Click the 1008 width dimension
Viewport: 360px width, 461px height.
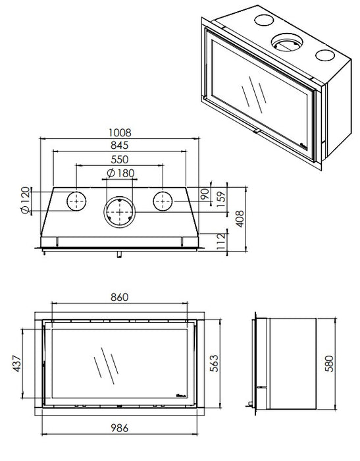(120, 133)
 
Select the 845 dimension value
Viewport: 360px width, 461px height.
(120, 146)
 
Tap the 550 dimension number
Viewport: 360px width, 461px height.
(120, 159)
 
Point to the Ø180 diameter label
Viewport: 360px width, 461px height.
(121, 173)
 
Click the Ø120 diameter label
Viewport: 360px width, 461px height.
(26, 200)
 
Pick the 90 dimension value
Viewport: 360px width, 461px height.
(205, 194)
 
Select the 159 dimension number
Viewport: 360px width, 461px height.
(221, 200)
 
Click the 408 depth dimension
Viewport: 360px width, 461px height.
(240, 219)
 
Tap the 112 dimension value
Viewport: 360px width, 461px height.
(221, 242)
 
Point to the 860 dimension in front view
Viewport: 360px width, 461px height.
(120, 297)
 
